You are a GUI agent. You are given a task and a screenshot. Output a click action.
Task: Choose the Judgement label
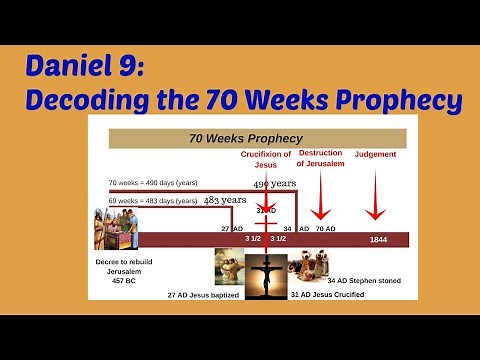(375, 155)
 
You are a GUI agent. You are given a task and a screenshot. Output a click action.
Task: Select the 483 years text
(225, 199)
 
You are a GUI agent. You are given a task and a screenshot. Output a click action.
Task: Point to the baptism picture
(230, 267)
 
